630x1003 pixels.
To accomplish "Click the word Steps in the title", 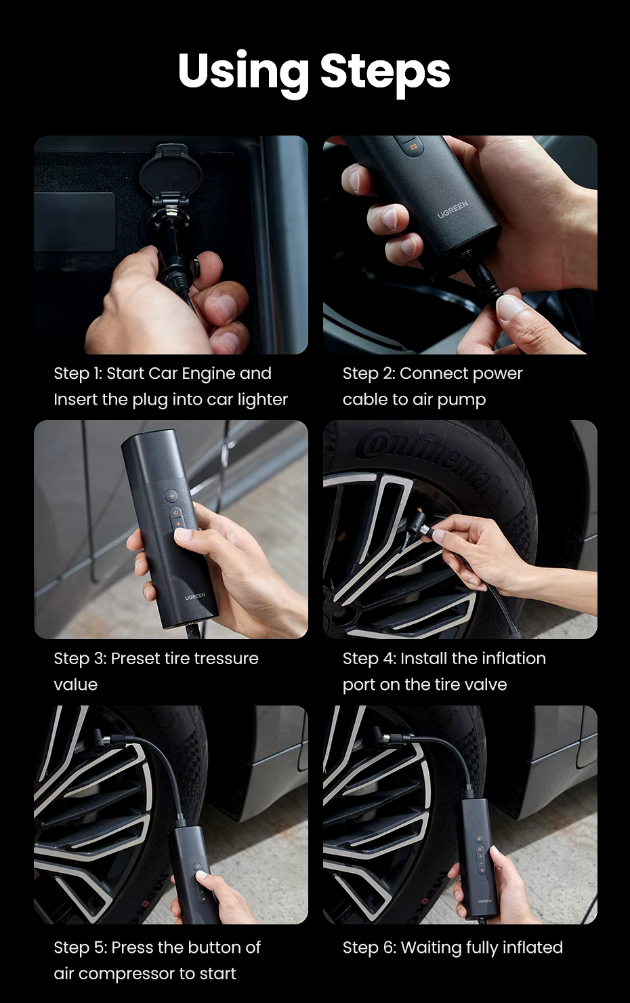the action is coord(385,72).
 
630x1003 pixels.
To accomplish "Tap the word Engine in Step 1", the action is coord(207,374).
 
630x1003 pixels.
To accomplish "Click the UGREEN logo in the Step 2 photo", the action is coord(453,209).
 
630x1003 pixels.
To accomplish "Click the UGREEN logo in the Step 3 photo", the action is coord(195,596).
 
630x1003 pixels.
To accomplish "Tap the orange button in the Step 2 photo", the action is coord(413,146).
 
